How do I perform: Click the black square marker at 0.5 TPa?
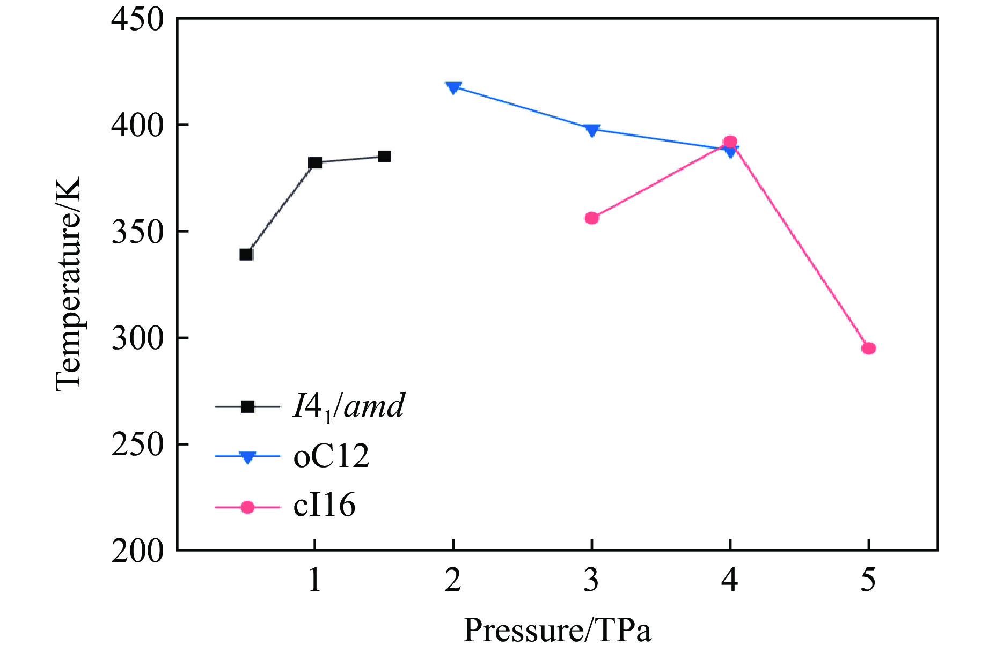246,254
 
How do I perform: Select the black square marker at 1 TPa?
315,162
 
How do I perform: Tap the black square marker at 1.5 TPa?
384,157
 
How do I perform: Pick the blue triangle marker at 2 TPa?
453,87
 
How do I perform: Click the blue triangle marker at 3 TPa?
592,130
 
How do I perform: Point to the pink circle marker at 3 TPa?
592,218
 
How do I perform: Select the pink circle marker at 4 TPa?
730,142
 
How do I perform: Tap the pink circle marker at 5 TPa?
869,349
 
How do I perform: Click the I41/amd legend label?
348,407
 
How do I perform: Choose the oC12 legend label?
331,456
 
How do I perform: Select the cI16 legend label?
324,506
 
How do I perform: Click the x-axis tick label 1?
315,580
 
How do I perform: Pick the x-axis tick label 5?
868,580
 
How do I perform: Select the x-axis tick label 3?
591,580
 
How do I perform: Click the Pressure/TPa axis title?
557,631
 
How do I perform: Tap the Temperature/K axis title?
69,284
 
